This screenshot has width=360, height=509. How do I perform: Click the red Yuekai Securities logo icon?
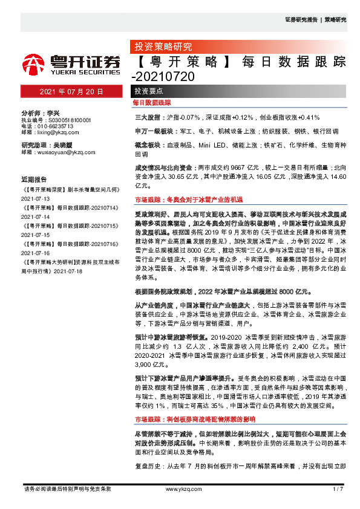(33, 63)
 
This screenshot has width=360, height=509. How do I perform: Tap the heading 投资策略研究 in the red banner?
(162, 46)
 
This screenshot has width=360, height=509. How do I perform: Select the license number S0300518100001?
(64, 120)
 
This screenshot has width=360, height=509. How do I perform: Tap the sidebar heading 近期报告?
(34, 180)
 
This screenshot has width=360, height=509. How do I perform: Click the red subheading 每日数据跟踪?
(152, 103)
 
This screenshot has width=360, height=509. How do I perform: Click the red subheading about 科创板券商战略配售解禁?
(194, 402)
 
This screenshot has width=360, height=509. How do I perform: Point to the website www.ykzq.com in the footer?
(180, 488)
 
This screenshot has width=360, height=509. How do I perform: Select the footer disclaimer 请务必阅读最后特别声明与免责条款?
(67, 488)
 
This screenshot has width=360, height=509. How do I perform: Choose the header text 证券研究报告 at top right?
(301, 19)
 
